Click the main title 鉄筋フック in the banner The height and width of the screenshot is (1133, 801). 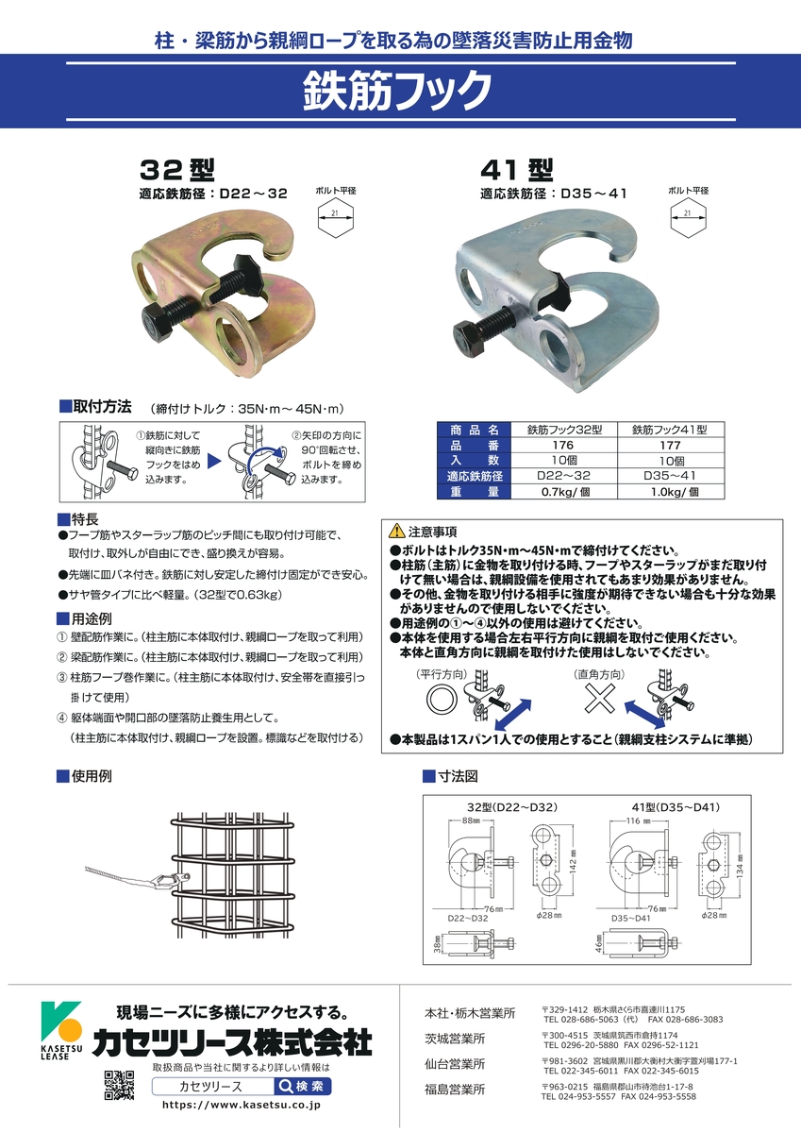point(397,91)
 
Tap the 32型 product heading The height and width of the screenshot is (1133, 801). point(177,170)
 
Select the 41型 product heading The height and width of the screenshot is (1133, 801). point(516,170)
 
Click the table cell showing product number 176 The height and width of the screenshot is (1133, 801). point(563,445)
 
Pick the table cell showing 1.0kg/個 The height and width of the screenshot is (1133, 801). point(671,491)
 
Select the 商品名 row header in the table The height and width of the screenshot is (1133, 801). point(475,430)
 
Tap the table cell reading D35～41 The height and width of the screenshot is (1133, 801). point(670,476)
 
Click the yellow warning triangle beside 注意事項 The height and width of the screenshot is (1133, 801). point(396,531)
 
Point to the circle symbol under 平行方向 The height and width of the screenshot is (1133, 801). point(442,699)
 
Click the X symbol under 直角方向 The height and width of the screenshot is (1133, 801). point(599,699)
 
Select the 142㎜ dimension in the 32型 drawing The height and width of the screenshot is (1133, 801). point(573,859)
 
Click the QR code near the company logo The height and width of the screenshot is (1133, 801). point(119,1086)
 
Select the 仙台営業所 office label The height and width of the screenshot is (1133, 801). point(455,1064)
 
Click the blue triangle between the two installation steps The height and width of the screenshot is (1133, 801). point(214,461)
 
